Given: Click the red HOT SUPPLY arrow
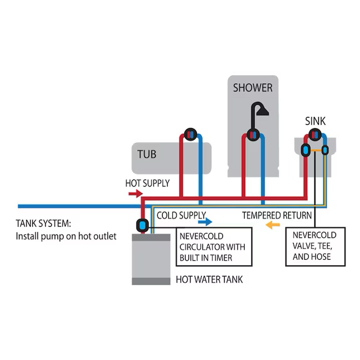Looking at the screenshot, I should tap(135, 193).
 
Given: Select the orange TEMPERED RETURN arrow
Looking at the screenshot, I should tap(272, 225).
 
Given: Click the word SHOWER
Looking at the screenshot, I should tap(252, 87).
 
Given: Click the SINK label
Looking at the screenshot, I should tap(315, 121).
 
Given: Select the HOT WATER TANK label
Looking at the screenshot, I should tap(210, 280).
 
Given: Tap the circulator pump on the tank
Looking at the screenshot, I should tap(142, 226).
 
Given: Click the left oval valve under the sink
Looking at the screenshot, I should tap(306, 150).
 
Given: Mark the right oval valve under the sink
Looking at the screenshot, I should tap(325, 150).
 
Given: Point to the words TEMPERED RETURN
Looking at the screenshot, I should tap(276, 215).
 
